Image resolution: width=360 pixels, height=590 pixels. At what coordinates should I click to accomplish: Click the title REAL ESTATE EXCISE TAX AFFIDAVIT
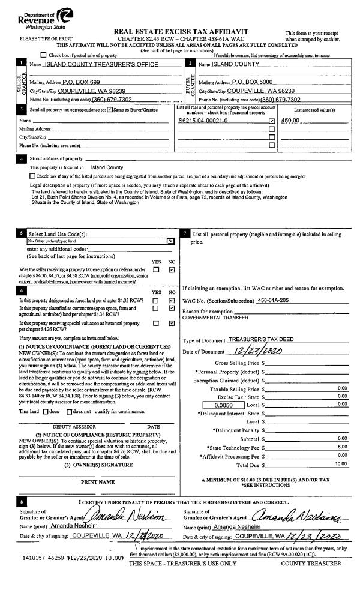point(181,31)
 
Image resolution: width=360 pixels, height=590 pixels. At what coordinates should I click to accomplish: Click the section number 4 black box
point(22,158)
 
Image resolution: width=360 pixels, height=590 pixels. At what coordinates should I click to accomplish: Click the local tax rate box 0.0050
point(223,388)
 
